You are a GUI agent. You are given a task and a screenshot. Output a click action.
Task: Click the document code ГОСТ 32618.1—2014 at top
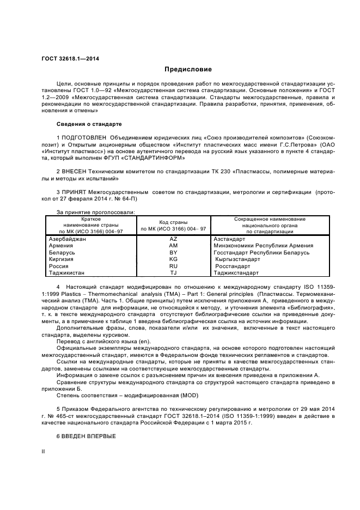[x=66, y=58]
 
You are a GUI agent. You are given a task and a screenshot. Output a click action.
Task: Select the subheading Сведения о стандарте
[x=86, y=124]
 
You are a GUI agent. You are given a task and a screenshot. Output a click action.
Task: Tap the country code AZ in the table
[x=174, y=239]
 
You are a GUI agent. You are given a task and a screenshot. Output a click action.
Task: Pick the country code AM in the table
[x=174, y=246]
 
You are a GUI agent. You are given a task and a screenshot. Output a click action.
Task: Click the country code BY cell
[x=174, y=253]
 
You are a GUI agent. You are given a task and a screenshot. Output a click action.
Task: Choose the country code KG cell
[x=174, y=259]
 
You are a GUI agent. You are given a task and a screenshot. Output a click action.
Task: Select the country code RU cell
[x=174, y=266]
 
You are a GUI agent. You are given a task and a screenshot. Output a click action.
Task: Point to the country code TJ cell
[x=174, y=273]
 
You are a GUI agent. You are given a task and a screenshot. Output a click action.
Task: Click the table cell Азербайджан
[x=68, y=239]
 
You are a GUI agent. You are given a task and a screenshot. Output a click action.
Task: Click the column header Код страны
[x=174, y=222]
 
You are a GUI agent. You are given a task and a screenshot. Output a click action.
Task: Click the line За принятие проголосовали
[x=95, y=212]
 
